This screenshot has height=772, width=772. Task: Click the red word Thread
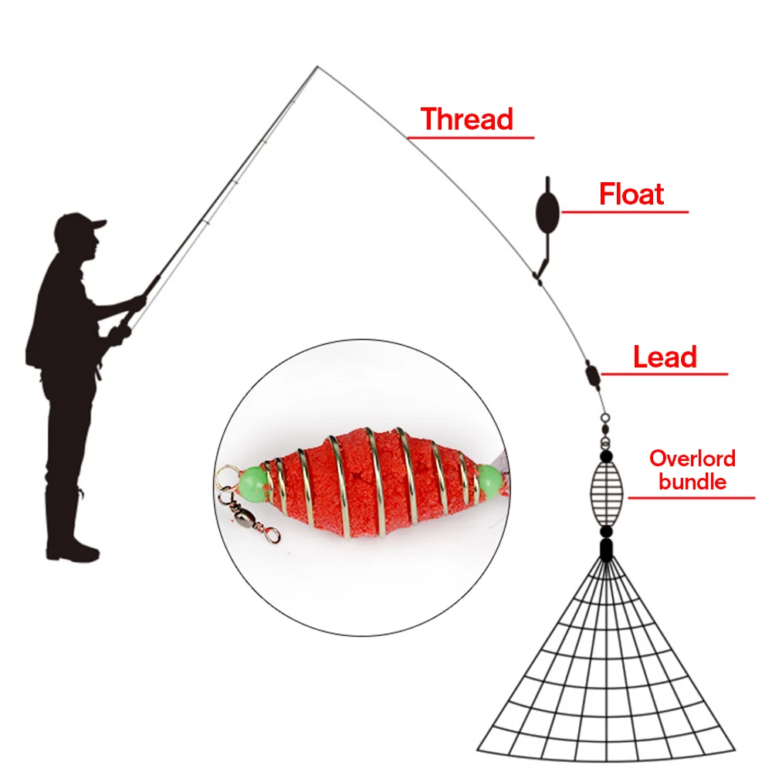coord(467,120)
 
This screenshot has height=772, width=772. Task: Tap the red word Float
coord(631,195)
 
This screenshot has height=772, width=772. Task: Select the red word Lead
coord(665,357)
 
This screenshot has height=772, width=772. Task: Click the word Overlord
coord(692,459)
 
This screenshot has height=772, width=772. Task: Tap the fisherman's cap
coord(80,225)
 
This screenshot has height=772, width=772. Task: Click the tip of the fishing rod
coord(317,68)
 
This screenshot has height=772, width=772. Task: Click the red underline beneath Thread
coord(470,138)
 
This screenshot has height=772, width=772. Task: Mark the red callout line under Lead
coord(664,374)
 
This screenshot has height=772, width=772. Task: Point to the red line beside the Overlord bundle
coord(691,498)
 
